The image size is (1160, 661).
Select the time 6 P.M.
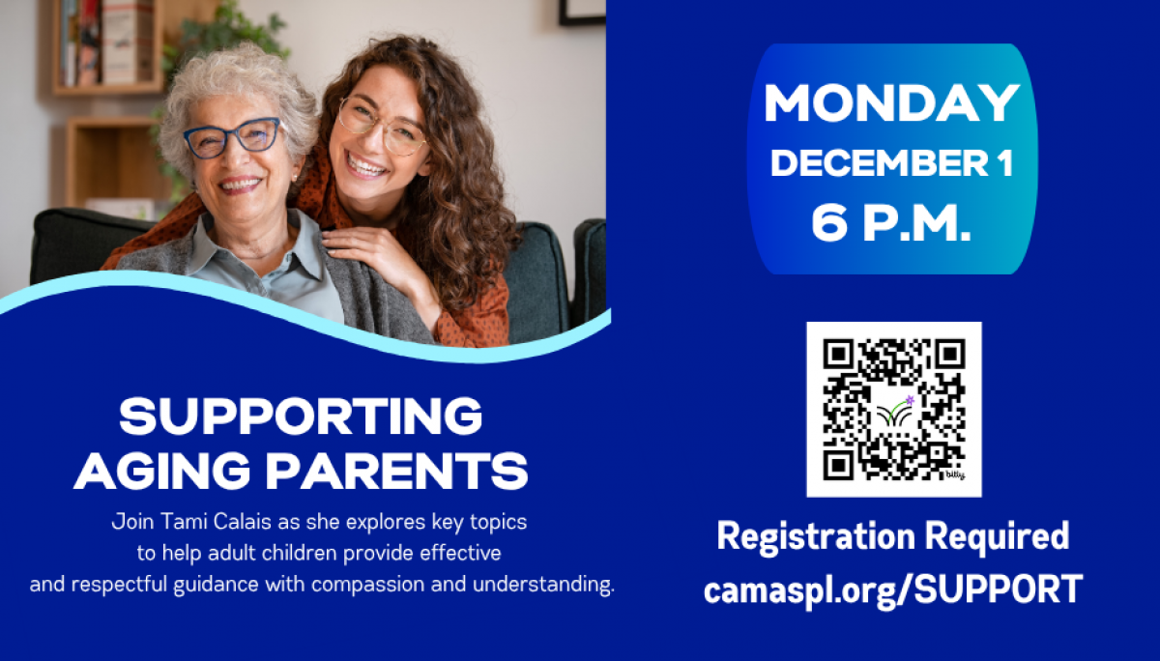pyautogui.click(x=891, y=224)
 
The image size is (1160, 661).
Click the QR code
pyautogui.click(x=893, y=409)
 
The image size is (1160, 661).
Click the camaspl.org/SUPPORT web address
pyautogui.click(x=892, y=589)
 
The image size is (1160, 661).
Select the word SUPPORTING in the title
pyautogui.click(x=301, y=417)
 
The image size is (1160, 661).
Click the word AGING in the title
pyautogui.click(x=163, y=471)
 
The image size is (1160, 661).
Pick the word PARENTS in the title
pyautogui.click(x=396, y=471)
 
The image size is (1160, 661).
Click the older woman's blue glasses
pyautogui.click(x=233, y=138)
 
